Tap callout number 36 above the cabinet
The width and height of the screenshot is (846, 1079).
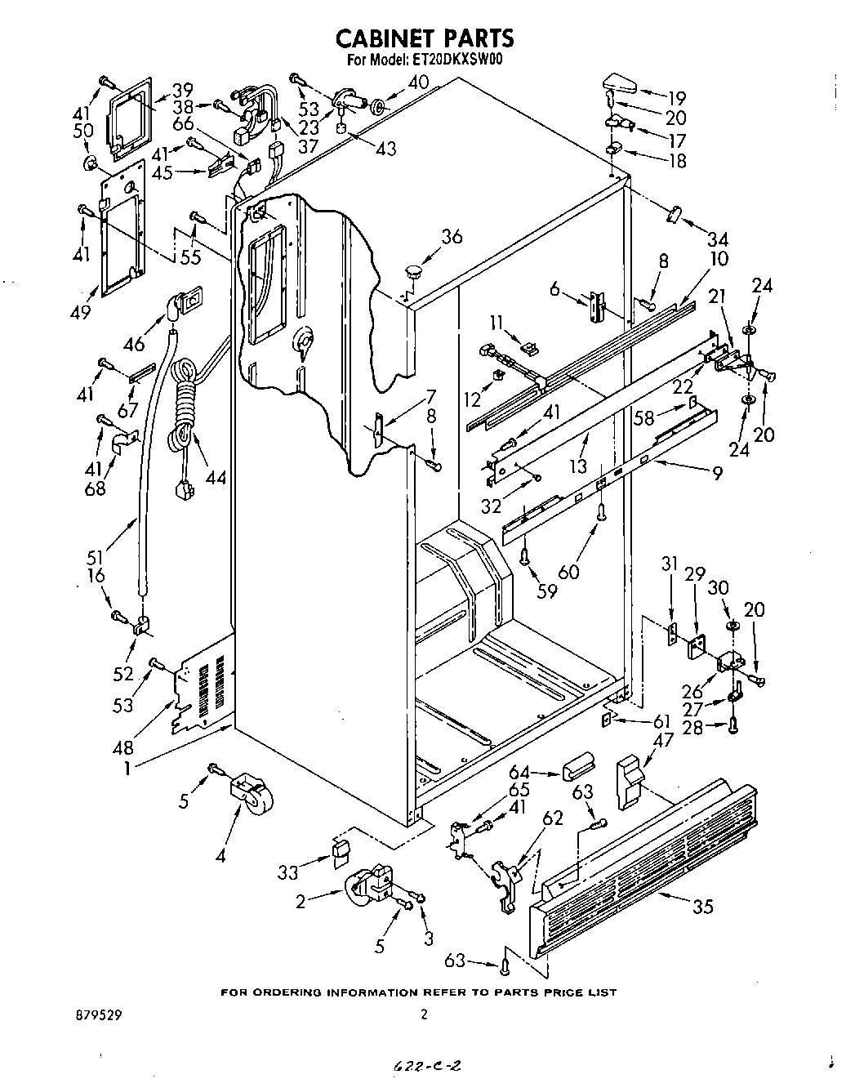click(x=452, y=238)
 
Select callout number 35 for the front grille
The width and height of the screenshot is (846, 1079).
click(x=701, y=907)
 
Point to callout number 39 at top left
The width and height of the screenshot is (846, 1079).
click(x=182, y=89)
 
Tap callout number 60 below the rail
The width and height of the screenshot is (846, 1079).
click(x=568, y=571)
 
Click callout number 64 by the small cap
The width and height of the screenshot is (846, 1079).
click(x=519, y=772)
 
